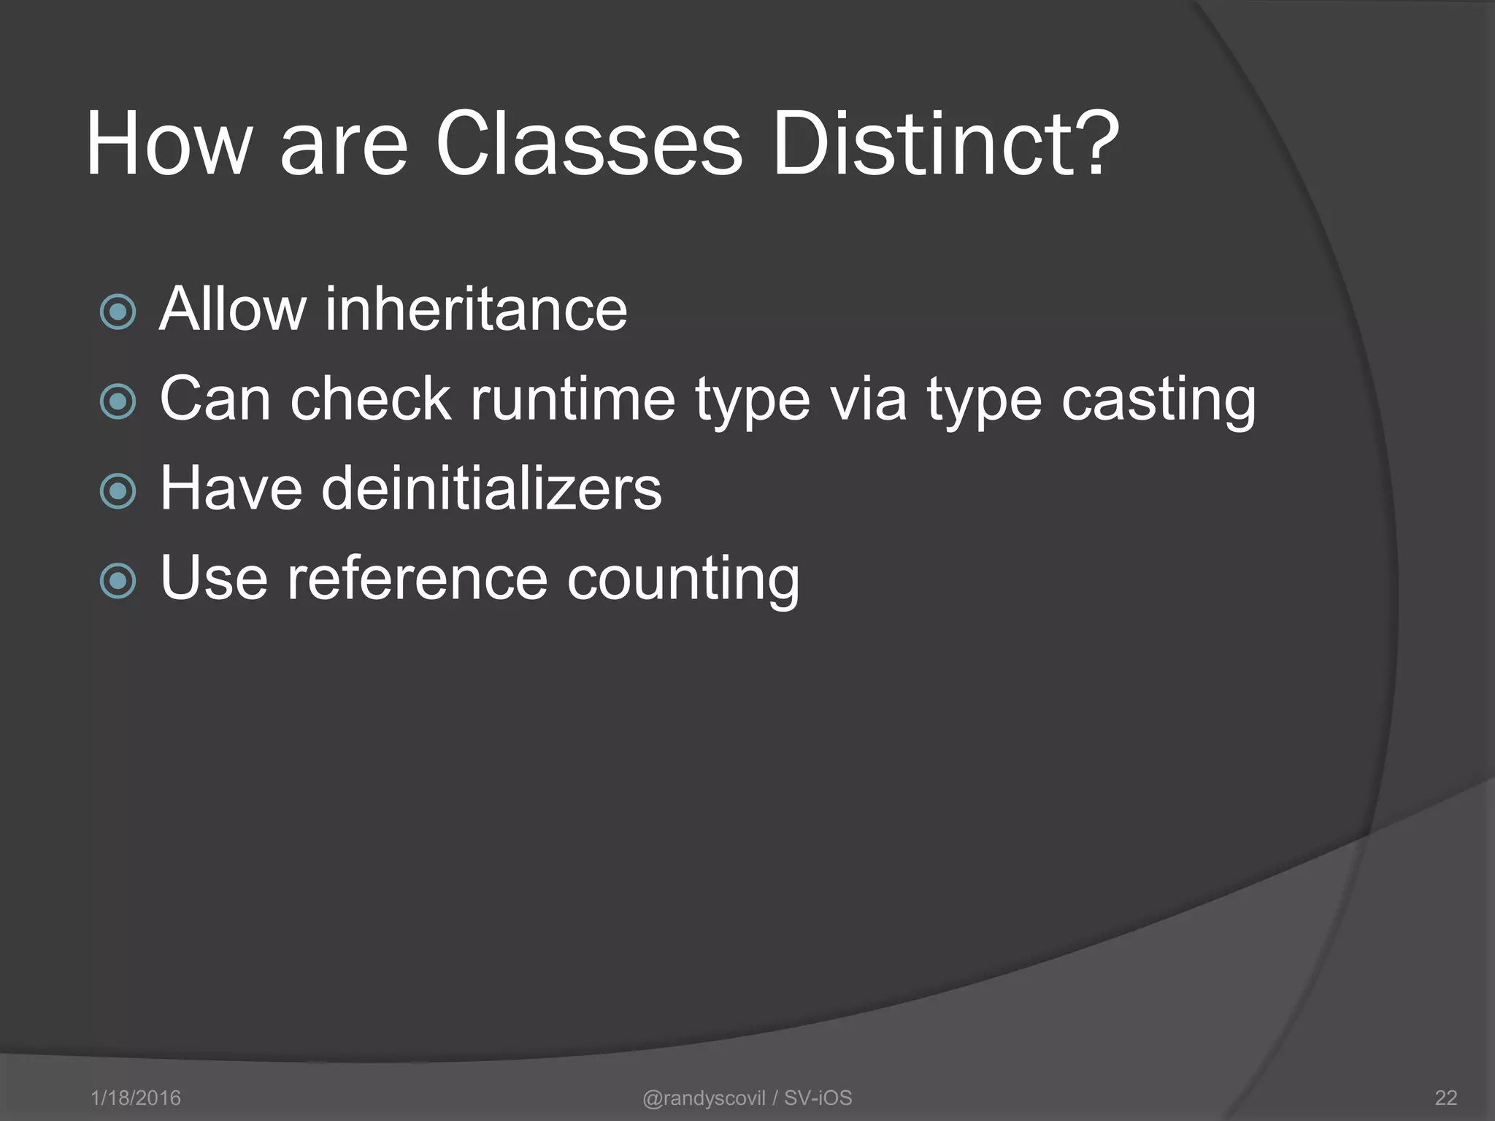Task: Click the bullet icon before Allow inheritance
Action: point(118,312)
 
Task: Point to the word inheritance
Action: point(476,309)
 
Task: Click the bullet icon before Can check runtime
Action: point(118,401)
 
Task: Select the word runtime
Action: point(572,400)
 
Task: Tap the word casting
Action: point(1158,400)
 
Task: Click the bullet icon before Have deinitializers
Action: point(118,491)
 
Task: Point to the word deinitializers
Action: point(491,488)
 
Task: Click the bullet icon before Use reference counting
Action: point(118,581)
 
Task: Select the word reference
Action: point(417,579)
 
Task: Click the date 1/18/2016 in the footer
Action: point(136,1098)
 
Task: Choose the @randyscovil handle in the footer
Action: point(704,1098)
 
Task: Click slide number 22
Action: point(1445,1098)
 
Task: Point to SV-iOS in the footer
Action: point(818,1098)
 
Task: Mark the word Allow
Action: point(233,309)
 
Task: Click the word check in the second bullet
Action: point(371,400)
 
